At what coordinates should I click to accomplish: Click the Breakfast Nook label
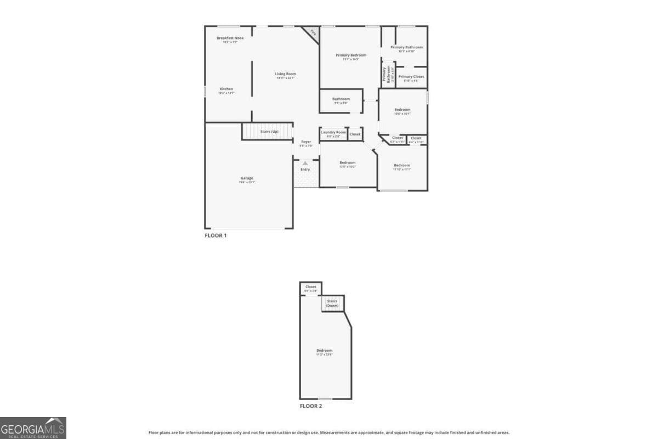click(x=230, y=38)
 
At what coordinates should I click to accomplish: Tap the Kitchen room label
click(x=226, y=89)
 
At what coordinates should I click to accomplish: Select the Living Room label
click(x=286, y=74)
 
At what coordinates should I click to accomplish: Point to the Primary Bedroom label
click(x=351, y=55)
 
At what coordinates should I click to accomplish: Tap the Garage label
click(x=246, y=178)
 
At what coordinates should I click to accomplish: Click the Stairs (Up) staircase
click(x=268, y=132)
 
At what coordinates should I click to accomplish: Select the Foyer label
click(x=306, y=142)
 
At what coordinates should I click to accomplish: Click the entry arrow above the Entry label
click(x=305, y=163)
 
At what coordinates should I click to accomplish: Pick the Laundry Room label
click(x=333, y=132)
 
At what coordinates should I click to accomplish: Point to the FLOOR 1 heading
click(x=215, y=235)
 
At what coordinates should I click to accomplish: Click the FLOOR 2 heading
click(x=311, y=406)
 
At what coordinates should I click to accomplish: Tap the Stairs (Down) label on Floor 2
click(x=332, y=303)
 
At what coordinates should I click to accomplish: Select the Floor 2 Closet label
click(x=311, y=287)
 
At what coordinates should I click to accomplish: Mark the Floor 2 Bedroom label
click(x=324, y=351)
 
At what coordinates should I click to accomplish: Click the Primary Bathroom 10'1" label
click(x=410, y=47)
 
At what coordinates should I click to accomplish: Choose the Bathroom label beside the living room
click(x=341, y=99)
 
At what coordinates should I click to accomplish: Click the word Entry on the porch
click(x=305, y=169)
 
